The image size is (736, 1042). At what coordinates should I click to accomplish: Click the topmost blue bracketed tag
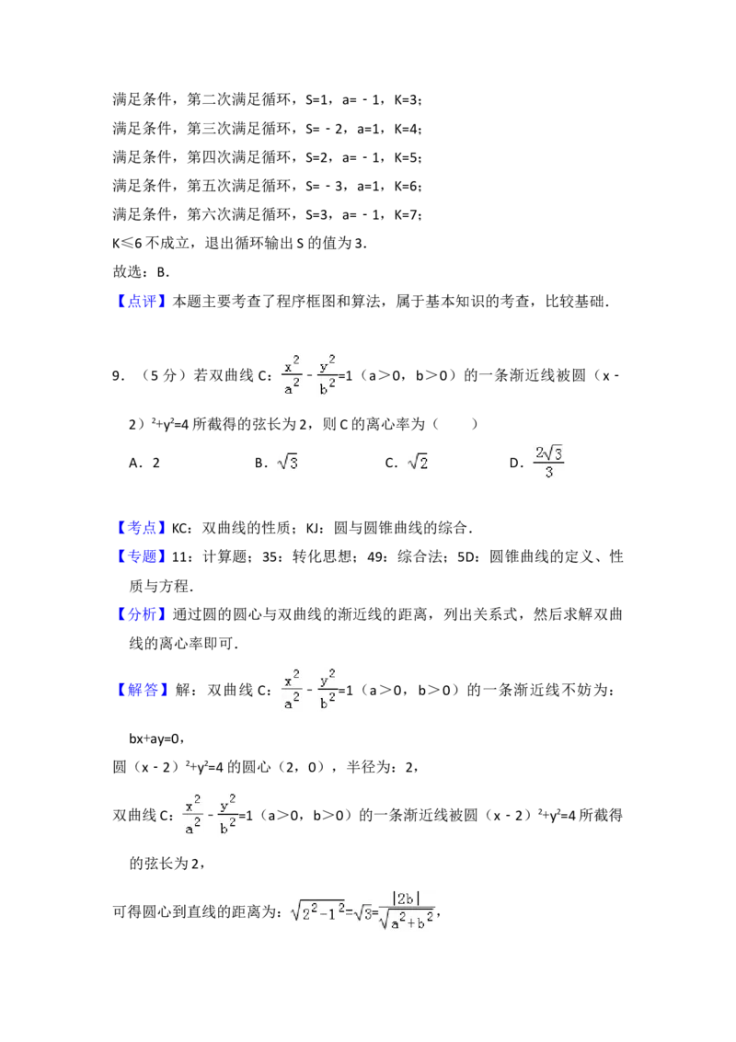click(x=143, y=300)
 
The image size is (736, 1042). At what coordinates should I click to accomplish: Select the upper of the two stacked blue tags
click(x=143, y=527)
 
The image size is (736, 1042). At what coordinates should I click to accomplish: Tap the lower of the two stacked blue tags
click(x=143, y=555)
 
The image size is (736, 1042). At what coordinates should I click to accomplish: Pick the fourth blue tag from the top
click(x=143, y=614)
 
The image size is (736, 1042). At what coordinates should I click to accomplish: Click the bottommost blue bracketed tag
click(x=143, y=689)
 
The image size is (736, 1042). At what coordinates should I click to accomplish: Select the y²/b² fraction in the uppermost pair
click(x=328, y=372)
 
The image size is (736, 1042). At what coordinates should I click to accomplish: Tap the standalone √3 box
click(x=287, y=461)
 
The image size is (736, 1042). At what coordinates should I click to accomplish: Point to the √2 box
click(x=420, y=461)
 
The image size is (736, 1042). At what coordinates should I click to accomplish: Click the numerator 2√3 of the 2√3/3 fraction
click(x=548, y=453)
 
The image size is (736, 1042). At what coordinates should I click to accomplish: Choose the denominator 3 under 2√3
click(x=548, y=474)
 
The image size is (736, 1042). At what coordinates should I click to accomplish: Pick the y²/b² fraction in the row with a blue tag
click(x=328, y=688)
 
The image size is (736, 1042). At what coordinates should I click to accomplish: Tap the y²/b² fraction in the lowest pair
click(x=228, y=813)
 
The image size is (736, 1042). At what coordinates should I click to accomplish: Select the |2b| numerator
click(x=408, y=899)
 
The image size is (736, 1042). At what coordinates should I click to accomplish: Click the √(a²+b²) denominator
click(x=408, y=921)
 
